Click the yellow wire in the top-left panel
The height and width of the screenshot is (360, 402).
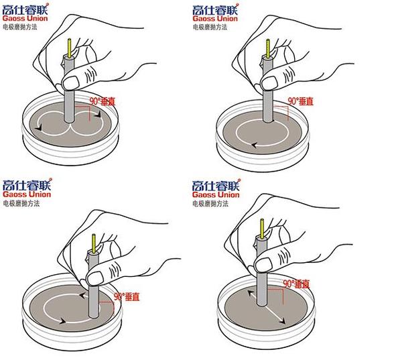[69, 48]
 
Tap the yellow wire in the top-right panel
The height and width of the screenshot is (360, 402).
[268, 48]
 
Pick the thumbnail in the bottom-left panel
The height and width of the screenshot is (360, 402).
[95, 278]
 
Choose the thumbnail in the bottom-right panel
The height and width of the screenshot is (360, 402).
[264, 264]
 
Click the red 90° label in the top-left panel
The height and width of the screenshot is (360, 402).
[103, 102]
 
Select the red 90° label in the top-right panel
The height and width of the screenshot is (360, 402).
[300, 101]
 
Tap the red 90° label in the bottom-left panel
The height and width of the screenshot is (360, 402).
[127, 296]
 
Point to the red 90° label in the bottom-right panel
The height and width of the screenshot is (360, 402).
[296, 284]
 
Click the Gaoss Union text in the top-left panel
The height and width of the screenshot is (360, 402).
[25, 18]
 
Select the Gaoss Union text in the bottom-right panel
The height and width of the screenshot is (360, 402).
[216, 194]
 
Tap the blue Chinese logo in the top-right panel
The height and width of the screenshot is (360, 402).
[215, 10]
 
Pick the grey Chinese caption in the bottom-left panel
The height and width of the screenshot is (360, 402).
[21, 204]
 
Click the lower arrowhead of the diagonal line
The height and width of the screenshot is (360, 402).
[282, 320]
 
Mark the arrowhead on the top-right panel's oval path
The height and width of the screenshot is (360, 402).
[254, 145]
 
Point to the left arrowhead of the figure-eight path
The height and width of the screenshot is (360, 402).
[38, 127]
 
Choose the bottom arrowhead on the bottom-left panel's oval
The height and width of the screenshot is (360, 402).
[62, 320]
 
